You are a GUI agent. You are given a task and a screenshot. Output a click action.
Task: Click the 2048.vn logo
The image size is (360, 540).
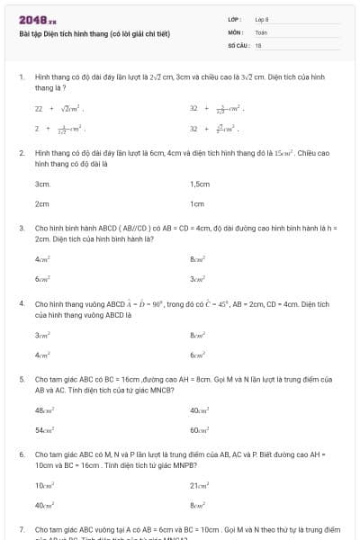point(37,19)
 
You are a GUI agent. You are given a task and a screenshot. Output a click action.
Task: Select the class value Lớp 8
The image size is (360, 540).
point(260,18)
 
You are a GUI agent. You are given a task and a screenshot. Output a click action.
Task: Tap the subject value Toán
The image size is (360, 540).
point(261,31)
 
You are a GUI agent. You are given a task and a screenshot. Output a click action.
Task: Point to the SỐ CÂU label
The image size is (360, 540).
point(238,44)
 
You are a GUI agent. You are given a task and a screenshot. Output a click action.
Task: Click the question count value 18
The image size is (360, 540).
point(258,44)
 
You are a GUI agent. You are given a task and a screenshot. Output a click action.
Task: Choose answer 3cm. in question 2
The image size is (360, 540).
point(42,183)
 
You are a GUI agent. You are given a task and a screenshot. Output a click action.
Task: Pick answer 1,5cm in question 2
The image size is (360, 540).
point(200,183)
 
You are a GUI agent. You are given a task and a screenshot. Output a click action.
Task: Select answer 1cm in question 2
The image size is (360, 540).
point(197,203)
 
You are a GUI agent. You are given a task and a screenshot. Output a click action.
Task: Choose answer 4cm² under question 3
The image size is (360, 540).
point(41,258)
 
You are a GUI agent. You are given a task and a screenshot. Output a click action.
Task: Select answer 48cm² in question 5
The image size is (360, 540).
point(43,409)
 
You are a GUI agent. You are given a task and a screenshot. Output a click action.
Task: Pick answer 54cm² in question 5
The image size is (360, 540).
point(43,430)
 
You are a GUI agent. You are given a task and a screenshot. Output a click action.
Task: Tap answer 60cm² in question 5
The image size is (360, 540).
point(199,430)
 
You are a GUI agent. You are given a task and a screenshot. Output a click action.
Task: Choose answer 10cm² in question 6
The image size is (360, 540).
point(43,485)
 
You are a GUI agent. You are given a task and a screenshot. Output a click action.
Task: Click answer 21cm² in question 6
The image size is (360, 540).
point(199,485)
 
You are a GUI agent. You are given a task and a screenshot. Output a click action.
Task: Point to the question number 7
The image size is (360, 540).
point(21,529)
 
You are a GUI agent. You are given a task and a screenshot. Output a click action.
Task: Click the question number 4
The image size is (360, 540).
point(21,304)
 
